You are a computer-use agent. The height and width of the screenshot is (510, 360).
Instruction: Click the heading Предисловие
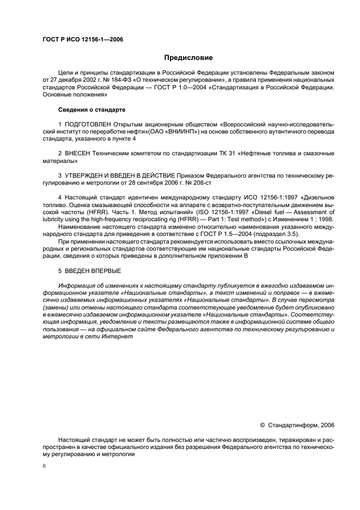coord(188,58)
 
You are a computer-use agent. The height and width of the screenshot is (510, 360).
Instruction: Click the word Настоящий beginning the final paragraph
coord(75,439)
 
